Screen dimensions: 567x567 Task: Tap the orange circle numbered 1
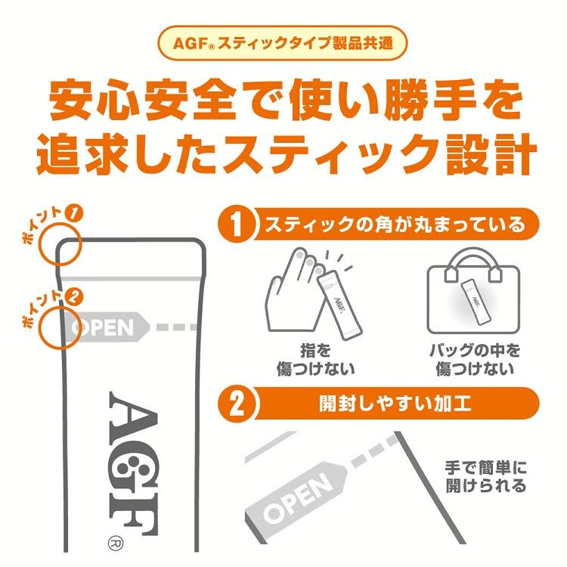[236, 225]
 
